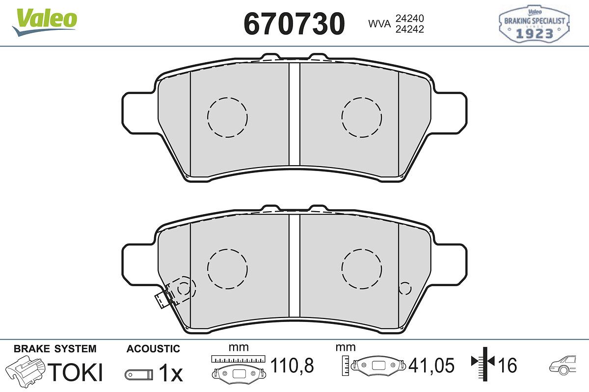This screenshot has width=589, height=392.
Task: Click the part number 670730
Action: [294, 24]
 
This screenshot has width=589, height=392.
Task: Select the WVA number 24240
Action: [410, 19]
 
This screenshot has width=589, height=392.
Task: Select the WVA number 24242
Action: [410, 29]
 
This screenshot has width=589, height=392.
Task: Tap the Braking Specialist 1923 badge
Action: [534, 24]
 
